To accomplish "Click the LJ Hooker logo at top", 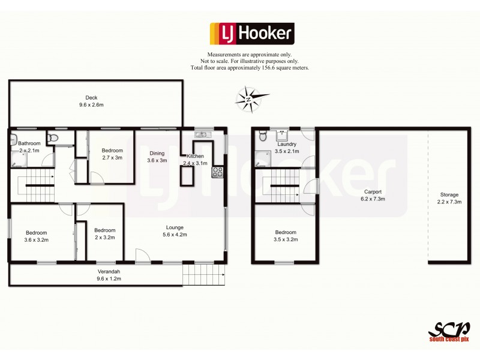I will [251, 34].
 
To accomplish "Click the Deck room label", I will [91, 98].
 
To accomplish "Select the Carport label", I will [373, 191].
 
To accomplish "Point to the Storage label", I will [449, 194].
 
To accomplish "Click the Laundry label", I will [285, 145].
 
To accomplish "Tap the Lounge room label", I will [175, 227].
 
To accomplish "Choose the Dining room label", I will [157, 153].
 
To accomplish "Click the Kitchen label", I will [195, 156].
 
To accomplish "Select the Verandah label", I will [109, 272].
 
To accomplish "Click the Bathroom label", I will [29, 143].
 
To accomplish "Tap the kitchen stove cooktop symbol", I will [217, 172].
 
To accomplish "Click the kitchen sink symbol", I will [200, 134].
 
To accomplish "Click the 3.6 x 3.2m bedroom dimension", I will [36, 239].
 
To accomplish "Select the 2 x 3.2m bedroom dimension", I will [104, 237].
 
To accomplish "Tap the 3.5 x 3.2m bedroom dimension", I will [286, 239].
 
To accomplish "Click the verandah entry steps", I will [202, 275].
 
